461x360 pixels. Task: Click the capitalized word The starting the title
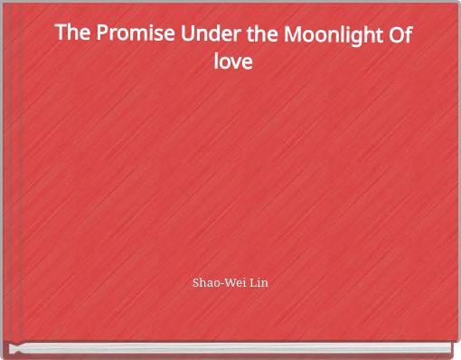[x=73, y=34]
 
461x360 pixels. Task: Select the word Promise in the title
[x=138, y=34]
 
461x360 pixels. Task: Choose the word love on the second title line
[x=231, y=63]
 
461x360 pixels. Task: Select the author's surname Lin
[x=259, y=283]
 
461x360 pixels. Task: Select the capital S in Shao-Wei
[x=197, y=283]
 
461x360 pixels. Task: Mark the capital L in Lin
[x=251, y=283]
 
